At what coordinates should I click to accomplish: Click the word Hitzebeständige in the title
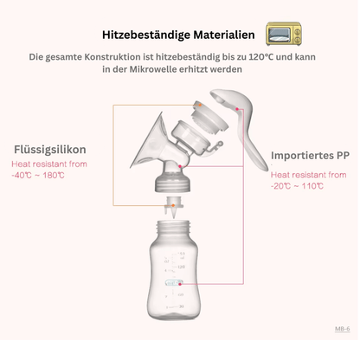coord(146,35)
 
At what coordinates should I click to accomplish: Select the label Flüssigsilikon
coord(48,148)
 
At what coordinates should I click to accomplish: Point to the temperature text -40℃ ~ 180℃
coord(38,176)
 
